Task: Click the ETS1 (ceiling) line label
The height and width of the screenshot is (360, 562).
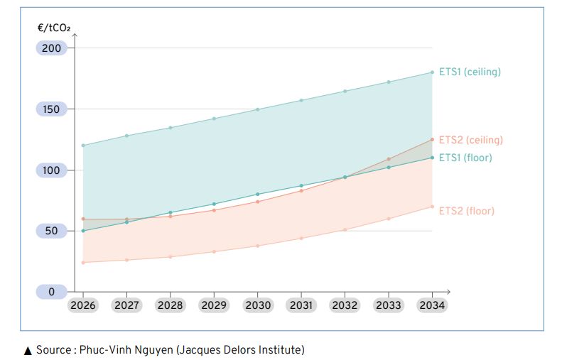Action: point(470,72)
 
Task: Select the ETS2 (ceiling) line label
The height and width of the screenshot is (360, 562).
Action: point(470,140)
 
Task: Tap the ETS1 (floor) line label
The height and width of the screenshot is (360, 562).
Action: point(465,158)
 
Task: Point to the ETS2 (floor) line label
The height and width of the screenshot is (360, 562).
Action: point(466,211)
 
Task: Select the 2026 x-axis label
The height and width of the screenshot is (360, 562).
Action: point(82,305)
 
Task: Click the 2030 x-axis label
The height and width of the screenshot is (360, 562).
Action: point(258,305)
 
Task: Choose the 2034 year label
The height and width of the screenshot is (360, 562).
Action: point(432,305)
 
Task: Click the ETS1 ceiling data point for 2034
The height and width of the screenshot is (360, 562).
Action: point(432,72)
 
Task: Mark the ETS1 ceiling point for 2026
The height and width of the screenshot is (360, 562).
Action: point(83,146)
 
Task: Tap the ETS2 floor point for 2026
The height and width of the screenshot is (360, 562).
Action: point(83,263)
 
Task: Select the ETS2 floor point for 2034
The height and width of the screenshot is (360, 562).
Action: point(432,207)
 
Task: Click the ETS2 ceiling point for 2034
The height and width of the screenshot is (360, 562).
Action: point(432,139)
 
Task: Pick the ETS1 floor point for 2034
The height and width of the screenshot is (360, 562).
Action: point(432,158)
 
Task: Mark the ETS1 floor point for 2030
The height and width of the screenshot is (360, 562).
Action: point(258,195)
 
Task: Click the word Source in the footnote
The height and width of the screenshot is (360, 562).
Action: point(54,349)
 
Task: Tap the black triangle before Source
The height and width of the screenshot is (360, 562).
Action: point(28,350)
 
